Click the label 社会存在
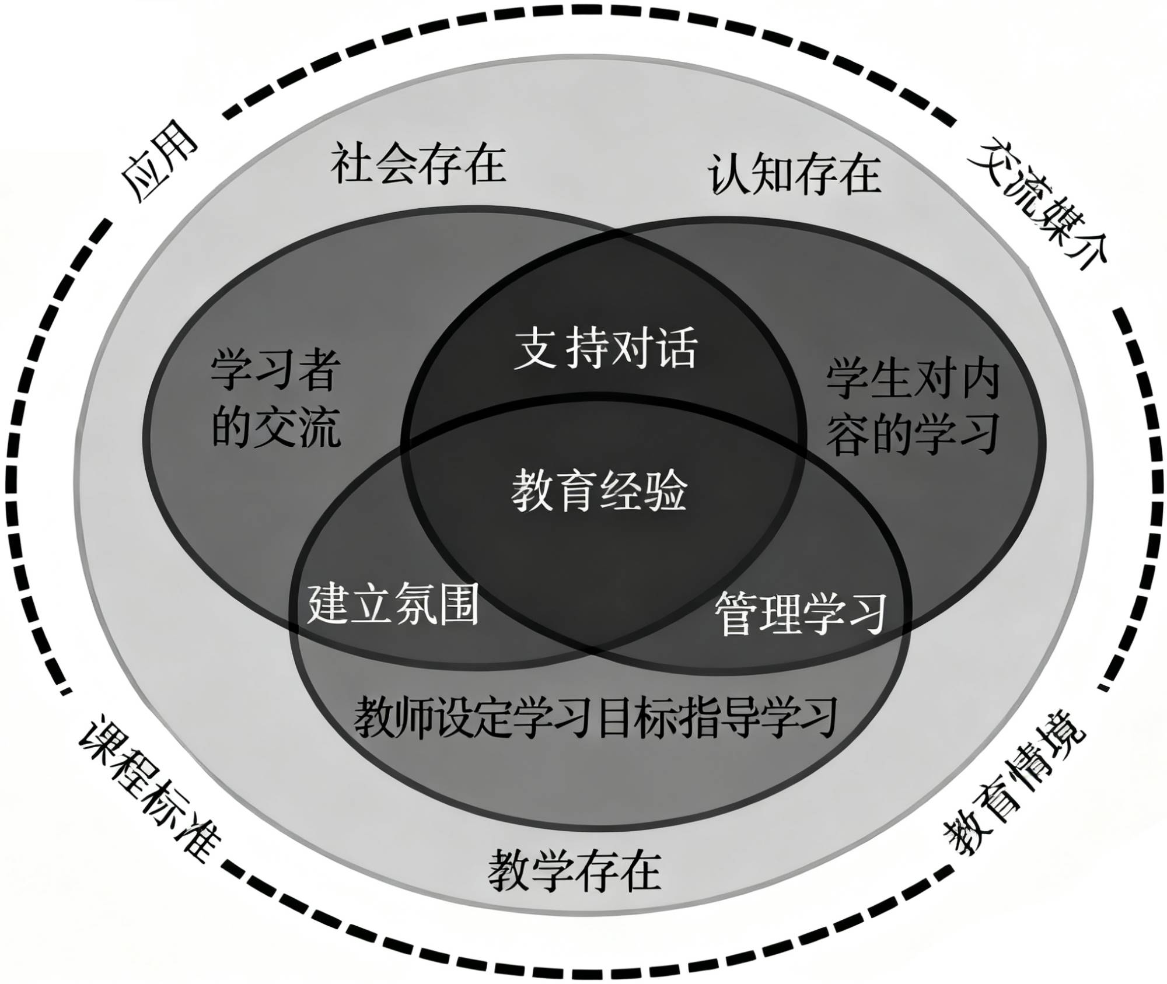[x=418, y=165]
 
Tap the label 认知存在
[x=795, y=174]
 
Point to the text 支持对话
[x=605, y=349]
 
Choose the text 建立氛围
[x=393, y=604]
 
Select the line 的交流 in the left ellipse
[x=276, y=430]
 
